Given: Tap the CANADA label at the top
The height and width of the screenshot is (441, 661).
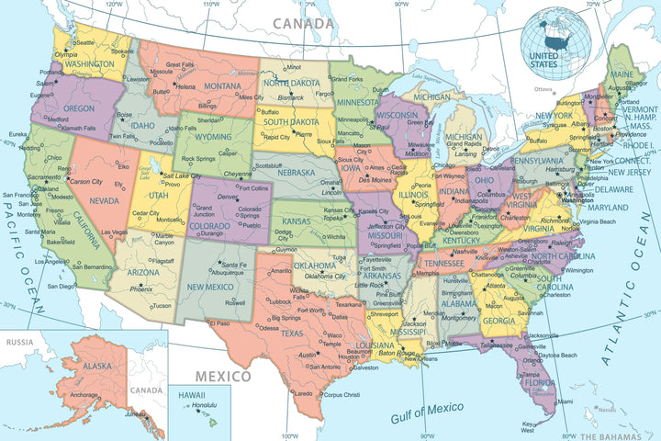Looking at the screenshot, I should (302, 22).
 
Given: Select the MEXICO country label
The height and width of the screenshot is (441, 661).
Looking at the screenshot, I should (221, 376).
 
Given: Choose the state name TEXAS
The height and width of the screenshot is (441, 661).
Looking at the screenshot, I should (292, 334).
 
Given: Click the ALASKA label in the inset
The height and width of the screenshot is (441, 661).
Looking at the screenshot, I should (97, 366).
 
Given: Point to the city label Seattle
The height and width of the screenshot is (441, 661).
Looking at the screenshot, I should (84, 42).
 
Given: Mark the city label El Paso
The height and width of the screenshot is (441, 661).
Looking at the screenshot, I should (219, 323).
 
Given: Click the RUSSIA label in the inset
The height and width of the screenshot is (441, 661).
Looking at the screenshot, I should (19, 342).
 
